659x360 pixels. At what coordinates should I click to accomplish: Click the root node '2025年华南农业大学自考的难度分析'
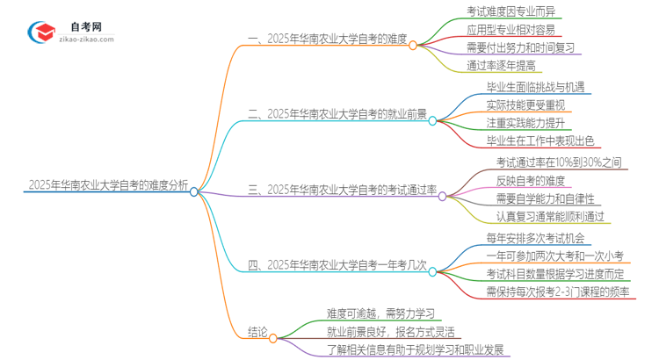point(108,185)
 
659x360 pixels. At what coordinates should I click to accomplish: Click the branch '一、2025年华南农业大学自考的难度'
point(327,39)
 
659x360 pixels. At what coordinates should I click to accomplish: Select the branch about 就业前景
point(337,113)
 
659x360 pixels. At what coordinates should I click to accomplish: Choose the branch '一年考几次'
point(338,263)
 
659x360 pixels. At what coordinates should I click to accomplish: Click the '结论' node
point(257,333)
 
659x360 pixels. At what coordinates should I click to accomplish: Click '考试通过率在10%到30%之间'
point(559,162)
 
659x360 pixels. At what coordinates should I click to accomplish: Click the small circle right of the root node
point(195,189)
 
